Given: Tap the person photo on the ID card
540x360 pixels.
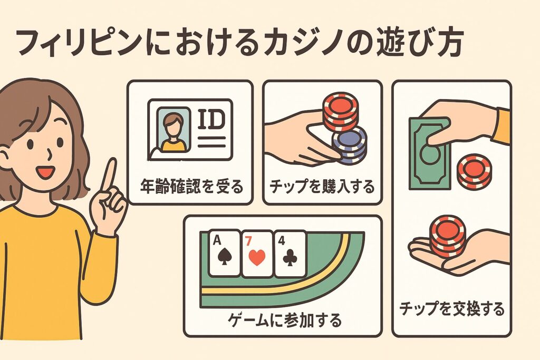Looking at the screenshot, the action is [x=173, y=130].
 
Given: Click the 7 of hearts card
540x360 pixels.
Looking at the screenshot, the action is [x=257, y=254].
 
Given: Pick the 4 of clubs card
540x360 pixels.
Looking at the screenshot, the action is [x=290, y=254].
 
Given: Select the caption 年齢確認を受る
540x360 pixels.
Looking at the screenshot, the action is [x=191, y=186].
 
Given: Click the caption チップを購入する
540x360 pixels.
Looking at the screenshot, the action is [x=322, y=187].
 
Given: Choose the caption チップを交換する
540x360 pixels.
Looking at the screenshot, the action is [x=452, y=308].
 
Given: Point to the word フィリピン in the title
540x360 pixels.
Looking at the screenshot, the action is [x=79, y=44].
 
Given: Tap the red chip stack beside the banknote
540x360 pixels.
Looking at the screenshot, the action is [x=474, y=172].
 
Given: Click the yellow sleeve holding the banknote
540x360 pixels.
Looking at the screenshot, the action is [x=501, y=125].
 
